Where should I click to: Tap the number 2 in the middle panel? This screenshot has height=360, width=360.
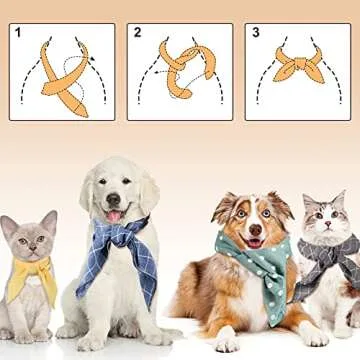136,33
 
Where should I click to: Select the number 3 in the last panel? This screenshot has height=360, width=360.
255,33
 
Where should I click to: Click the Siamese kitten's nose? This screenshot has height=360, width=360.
27,250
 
